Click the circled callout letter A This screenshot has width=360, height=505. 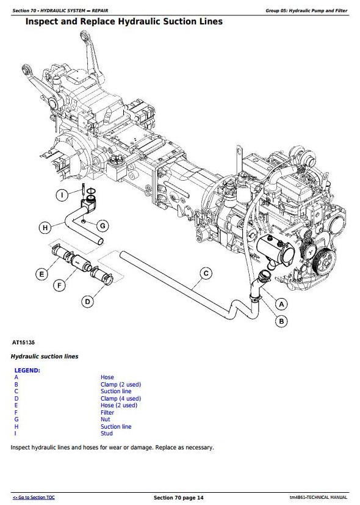[x=281, y=304]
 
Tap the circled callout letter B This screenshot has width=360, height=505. [x=281, y=321]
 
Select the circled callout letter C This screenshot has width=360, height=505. [x=206, y=274]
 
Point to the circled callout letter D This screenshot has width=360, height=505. [x=87, y=302]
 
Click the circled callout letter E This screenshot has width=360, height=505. [x=41, y=274]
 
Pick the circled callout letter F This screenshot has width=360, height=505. [x=59, y=285]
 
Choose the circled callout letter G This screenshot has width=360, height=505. [x=103, y=226]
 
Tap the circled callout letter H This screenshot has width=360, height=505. [x=45, y=228]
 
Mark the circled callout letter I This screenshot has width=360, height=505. [x=62, y=195]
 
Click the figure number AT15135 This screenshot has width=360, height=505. [x=23, y=343]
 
